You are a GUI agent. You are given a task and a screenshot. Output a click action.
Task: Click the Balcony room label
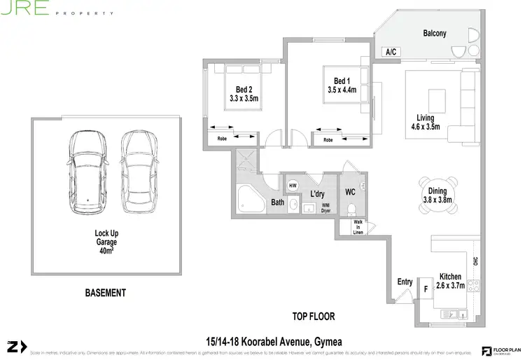[x=434, y=33]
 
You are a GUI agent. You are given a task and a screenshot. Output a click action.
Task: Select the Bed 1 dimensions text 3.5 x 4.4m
[x=342, y=90]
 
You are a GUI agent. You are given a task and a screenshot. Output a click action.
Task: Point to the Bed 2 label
[x=244, y=89]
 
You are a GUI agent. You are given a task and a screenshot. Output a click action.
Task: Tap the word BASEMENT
[x=105, y=292]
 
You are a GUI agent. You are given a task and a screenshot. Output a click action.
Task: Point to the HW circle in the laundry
[x=293, y=186]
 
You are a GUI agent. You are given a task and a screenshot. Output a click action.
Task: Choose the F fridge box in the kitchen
[x=424, y=288]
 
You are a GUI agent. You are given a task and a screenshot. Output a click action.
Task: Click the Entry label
[x=405, y=282]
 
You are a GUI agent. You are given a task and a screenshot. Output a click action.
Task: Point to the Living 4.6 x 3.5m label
[x=425, y=123]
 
